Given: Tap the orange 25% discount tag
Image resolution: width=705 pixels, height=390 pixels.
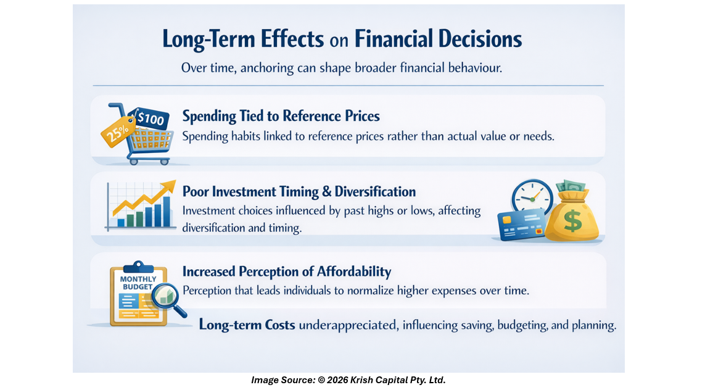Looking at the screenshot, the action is click(x=118, y=131).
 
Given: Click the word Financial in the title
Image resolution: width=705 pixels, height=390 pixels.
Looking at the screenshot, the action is click(x=393, y=39).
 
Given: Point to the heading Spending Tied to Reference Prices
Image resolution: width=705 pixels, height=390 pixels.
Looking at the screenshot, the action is click(x=281, y=116).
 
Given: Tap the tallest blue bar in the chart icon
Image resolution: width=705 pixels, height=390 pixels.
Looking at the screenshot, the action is click(x=167, y=211).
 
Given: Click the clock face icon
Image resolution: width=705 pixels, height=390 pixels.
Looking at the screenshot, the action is click(x=532, y=197).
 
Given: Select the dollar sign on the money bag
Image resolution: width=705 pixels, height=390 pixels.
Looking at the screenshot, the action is click(x=572, y=221).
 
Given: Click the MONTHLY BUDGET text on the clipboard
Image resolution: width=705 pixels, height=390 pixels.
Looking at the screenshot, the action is click(x=138, y=283).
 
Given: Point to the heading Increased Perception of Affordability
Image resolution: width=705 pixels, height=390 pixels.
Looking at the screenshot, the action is click(x=287, y=272).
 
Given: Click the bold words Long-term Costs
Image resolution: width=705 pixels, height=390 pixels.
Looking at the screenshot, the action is click(x=247, y=325).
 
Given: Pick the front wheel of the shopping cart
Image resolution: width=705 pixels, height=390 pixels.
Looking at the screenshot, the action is click(x=165, y=162).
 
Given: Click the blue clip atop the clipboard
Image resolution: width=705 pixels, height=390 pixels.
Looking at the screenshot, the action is click(x=138, y=267).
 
